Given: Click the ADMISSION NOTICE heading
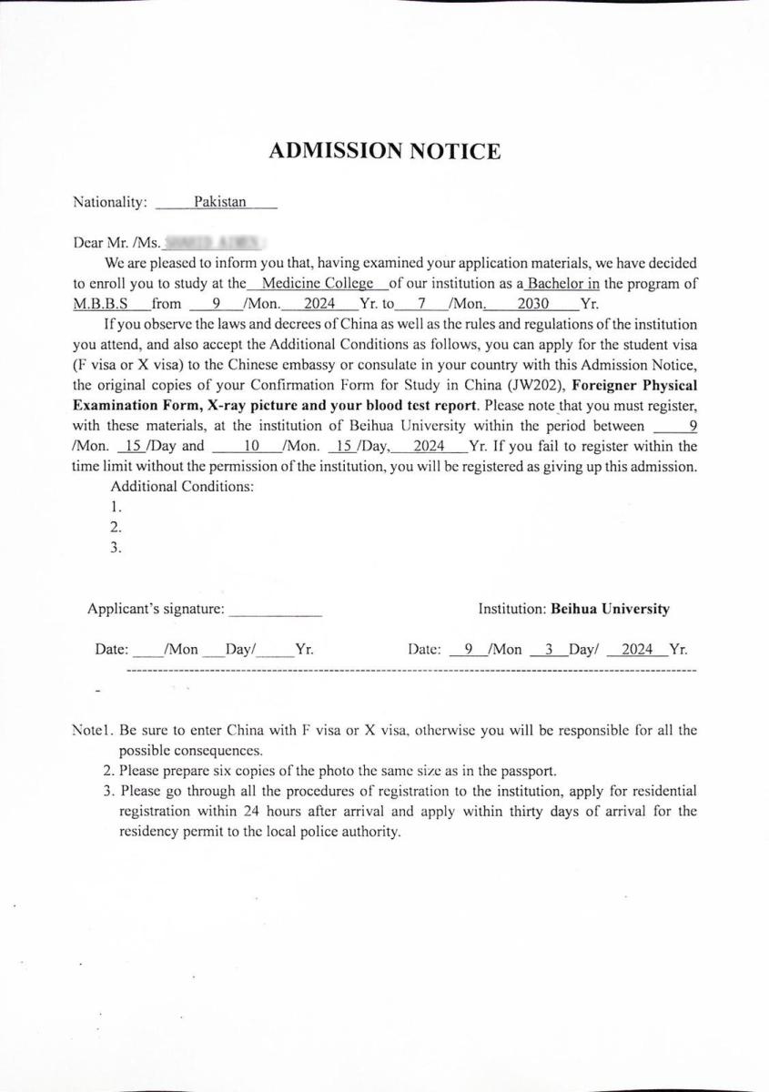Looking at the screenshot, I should click(x=384, y=151).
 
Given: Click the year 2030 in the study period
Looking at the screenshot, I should click(x=532, y=304).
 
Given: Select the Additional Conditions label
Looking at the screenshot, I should click(x=182, y=486).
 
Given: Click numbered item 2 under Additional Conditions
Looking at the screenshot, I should click(x=116, y=527).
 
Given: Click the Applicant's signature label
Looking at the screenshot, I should click(x=156, y=609).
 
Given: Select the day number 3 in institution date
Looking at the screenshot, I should click(x=549, y=650).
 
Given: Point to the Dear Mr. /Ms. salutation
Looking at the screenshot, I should click(x=116, y=243).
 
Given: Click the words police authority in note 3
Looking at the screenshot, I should click(x=350, y=832).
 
